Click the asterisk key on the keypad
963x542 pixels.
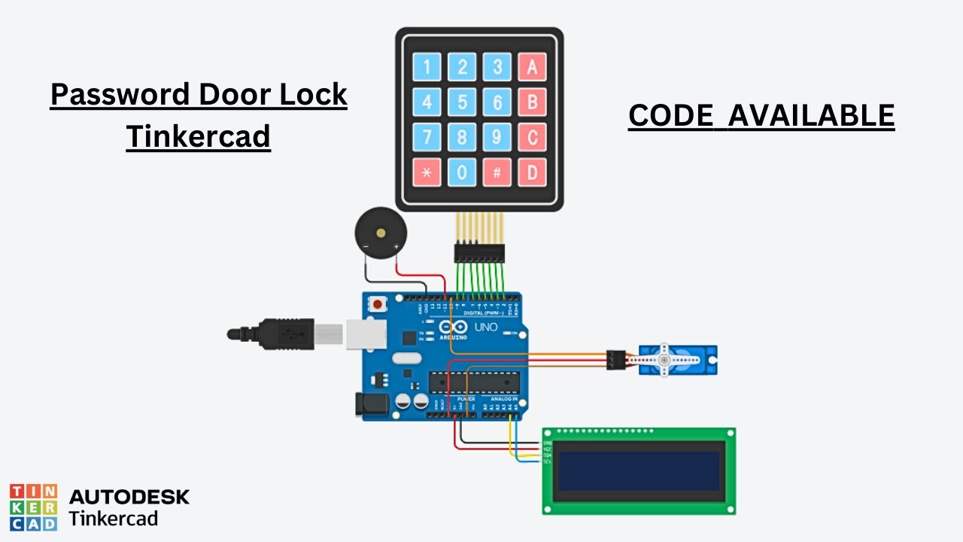point(427,172)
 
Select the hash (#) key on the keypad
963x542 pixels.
point(497,172)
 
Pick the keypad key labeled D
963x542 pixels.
point(532,172)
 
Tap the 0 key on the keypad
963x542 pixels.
point(462,172)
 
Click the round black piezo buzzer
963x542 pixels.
point(378,233)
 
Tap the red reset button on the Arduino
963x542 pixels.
point(375,305)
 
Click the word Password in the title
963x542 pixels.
point(120,95)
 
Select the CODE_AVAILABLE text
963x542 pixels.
point(761,116)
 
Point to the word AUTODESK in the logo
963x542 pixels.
point(129,497)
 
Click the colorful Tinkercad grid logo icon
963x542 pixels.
point(33,507)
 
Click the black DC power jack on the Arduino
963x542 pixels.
point(371,405)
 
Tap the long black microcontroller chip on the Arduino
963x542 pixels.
point(474,382)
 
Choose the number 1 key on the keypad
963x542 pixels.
point(427,68)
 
